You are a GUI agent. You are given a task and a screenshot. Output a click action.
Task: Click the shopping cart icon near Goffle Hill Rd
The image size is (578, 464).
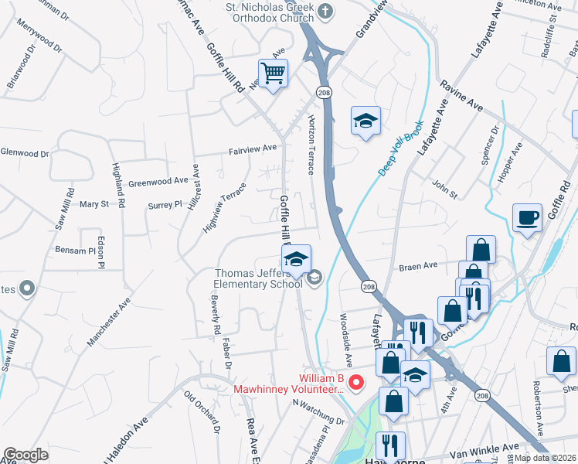pyautogui.click(x=273, y=74)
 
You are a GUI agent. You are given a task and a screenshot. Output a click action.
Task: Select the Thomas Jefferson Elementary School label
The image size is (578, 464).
pyautogui.click(x=258, y=278)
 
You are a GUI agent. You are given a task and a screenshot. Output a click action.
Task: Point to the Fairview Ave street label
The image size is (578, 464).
pyautogui.click(x=252, y=148)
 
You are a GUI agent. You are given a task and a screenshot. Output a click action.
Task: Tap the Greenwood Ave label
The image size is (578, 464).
pyautogui.click(x=158, y=182)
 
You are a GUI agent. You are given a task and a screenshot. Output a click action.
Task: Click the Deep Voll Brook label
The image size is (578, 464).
pyautogui.click(x=401, y=148)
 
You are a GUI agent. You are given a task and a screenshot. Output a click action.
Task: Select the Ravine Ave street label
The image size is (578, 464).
pyautogui.click(x=461, y=95)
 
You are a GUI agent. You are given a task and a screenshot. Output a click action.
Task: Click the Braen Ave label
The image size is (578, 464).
pyautogui.click(x=418, y=266)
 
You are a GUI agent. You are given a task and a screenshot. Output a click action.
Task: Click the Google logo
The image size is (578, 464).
pyautogui.click(x=25, y=455)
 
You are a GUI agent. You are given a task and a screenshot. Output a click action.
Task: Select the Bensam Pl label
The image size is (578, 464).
pyautogui.click(x=74, y=250)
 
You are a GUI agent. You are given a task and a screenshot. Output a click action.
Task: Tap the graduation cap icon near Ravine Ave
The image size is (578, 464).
pyautogui.click(x=366, y=121)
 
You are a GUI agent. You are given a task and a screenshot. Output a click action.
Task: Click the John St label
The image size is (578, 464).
pyautogui.click(x=444, y=186)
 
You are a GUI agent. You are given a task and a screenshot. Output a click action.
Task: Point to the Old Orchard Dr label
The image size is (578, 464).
pyautogui.click(x=203, y=410)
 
